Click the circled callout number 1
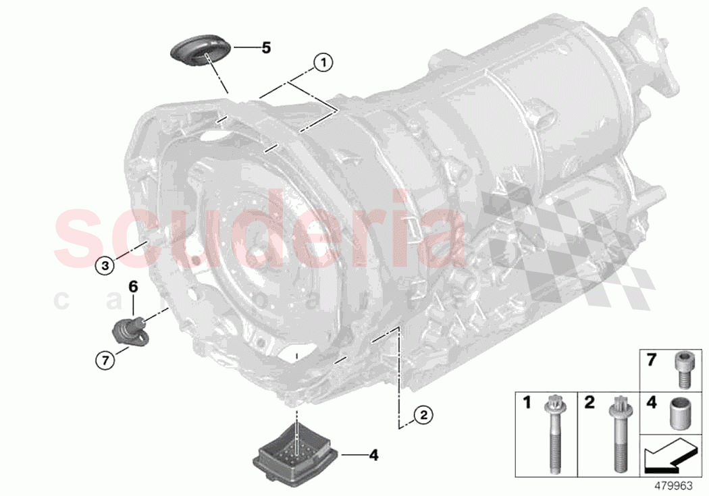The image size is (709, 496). click(x=323, y=63)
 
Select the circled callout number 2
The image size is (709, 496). click(x=423, y=415)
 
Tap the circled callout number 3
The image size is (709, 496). click(x=105, y=266)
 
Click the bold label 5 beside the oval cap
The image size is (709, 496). click(x=266, y=48)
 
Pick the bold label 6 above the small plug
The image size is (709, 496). click(x=133, y=287)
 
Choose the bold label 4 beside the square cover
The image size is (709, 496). click(x=373, y=456)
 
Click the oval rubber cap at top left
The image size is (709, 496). click(x=201, y=53)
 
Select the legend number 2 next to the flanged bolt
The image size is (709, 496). click(x=589, y=403)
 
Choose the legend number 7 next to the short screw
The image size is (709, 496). click(x=652, y=360)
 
